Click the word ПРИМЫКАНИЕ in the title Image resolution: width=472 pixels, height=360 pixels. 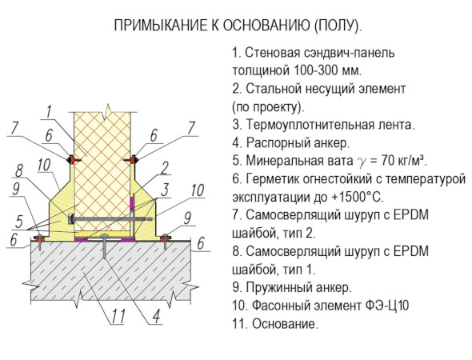[x=158, y=25]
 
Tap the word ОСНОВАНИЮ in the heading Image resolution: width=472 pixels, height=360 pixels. [x=266, y=25]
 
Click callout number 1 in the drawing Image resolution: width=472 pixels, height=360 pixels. [x=49, y=112]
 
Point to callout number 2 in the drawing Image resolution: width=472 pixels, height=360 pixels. [x=164, y=168]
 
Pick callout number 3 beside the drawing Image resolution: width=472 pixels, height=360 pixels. [x=165, y=190]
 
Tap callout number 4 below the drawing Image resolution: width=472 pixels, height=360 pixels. [x=156, y=317]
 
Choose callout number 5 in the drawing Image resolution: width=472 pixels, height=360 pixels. [x=18, y=222]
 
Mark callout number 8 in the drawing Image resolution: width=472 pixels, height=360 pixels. [x=19, y=170]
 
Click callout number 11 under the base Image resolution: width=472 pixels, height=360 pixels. [x=118, y=317]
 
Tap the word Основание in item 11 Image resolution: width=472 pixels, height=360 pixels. [x=285, y=324]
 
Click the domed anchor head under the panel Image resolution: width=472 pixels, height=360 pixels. [x=104, y=236]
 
